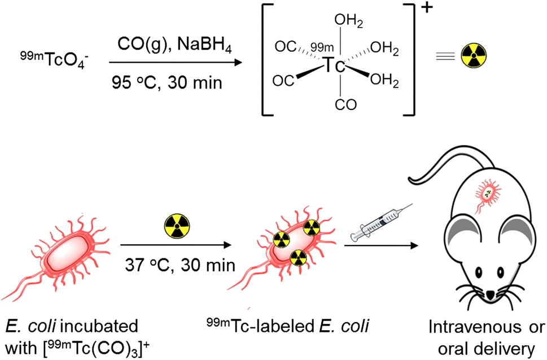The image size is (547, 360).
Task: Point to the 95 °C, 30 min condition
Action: (167, 84)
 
